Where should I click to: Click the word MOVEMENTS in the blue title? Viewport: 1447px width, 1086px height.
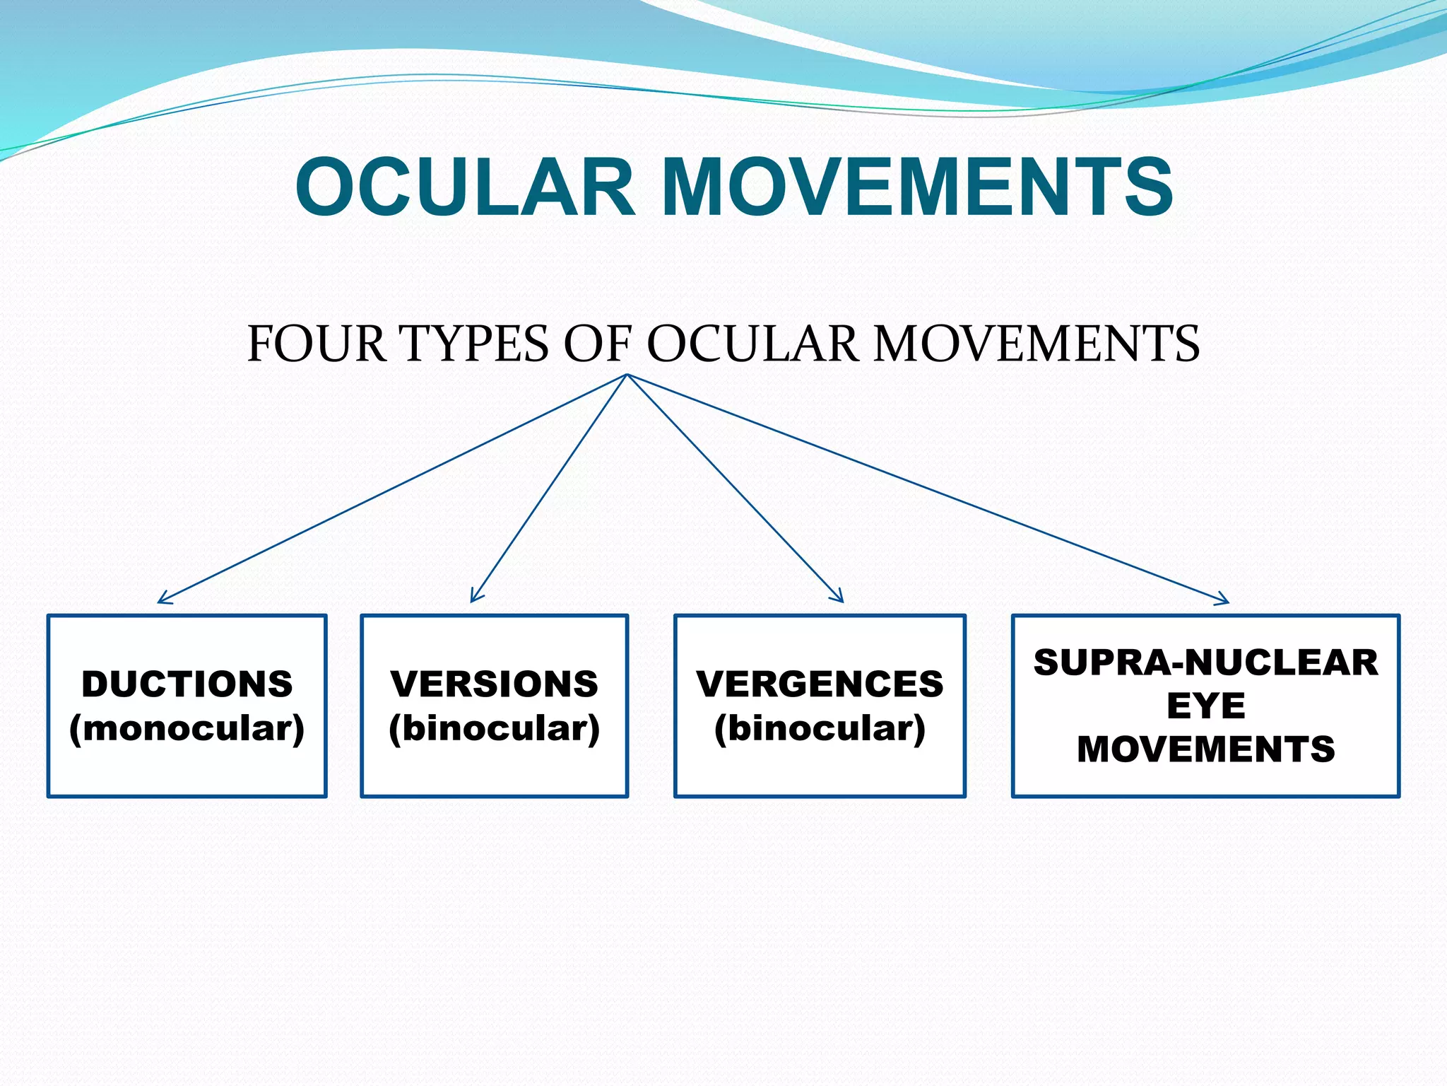point(918,187)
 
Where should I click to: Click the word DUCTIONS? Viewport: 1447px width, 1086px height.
point(187,684)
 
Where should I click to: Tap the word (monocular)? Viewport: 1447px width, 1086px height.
point(187,728)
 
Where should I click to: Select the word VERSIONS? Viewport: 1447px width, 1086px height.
point(495,684)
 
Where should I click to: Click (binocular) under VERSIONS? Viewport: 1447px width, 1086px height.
point(495,728)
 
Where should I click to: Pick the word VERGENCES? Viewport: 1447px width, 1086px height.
point(820,684)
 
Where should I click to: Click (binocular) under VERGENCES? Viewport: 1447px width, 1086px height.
point(820,728)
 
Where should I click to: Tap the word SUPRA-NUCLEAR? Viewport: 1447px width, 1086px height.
point(1205,662)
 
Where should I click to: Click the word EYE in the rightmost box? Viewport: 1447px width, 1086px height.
point(1205,706)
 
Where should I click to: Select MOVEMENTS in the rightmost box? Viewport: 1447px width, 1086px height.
point(1205,749)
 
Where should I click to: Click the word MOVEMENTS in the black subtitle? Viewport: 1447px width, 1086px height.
point(1036,344)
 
